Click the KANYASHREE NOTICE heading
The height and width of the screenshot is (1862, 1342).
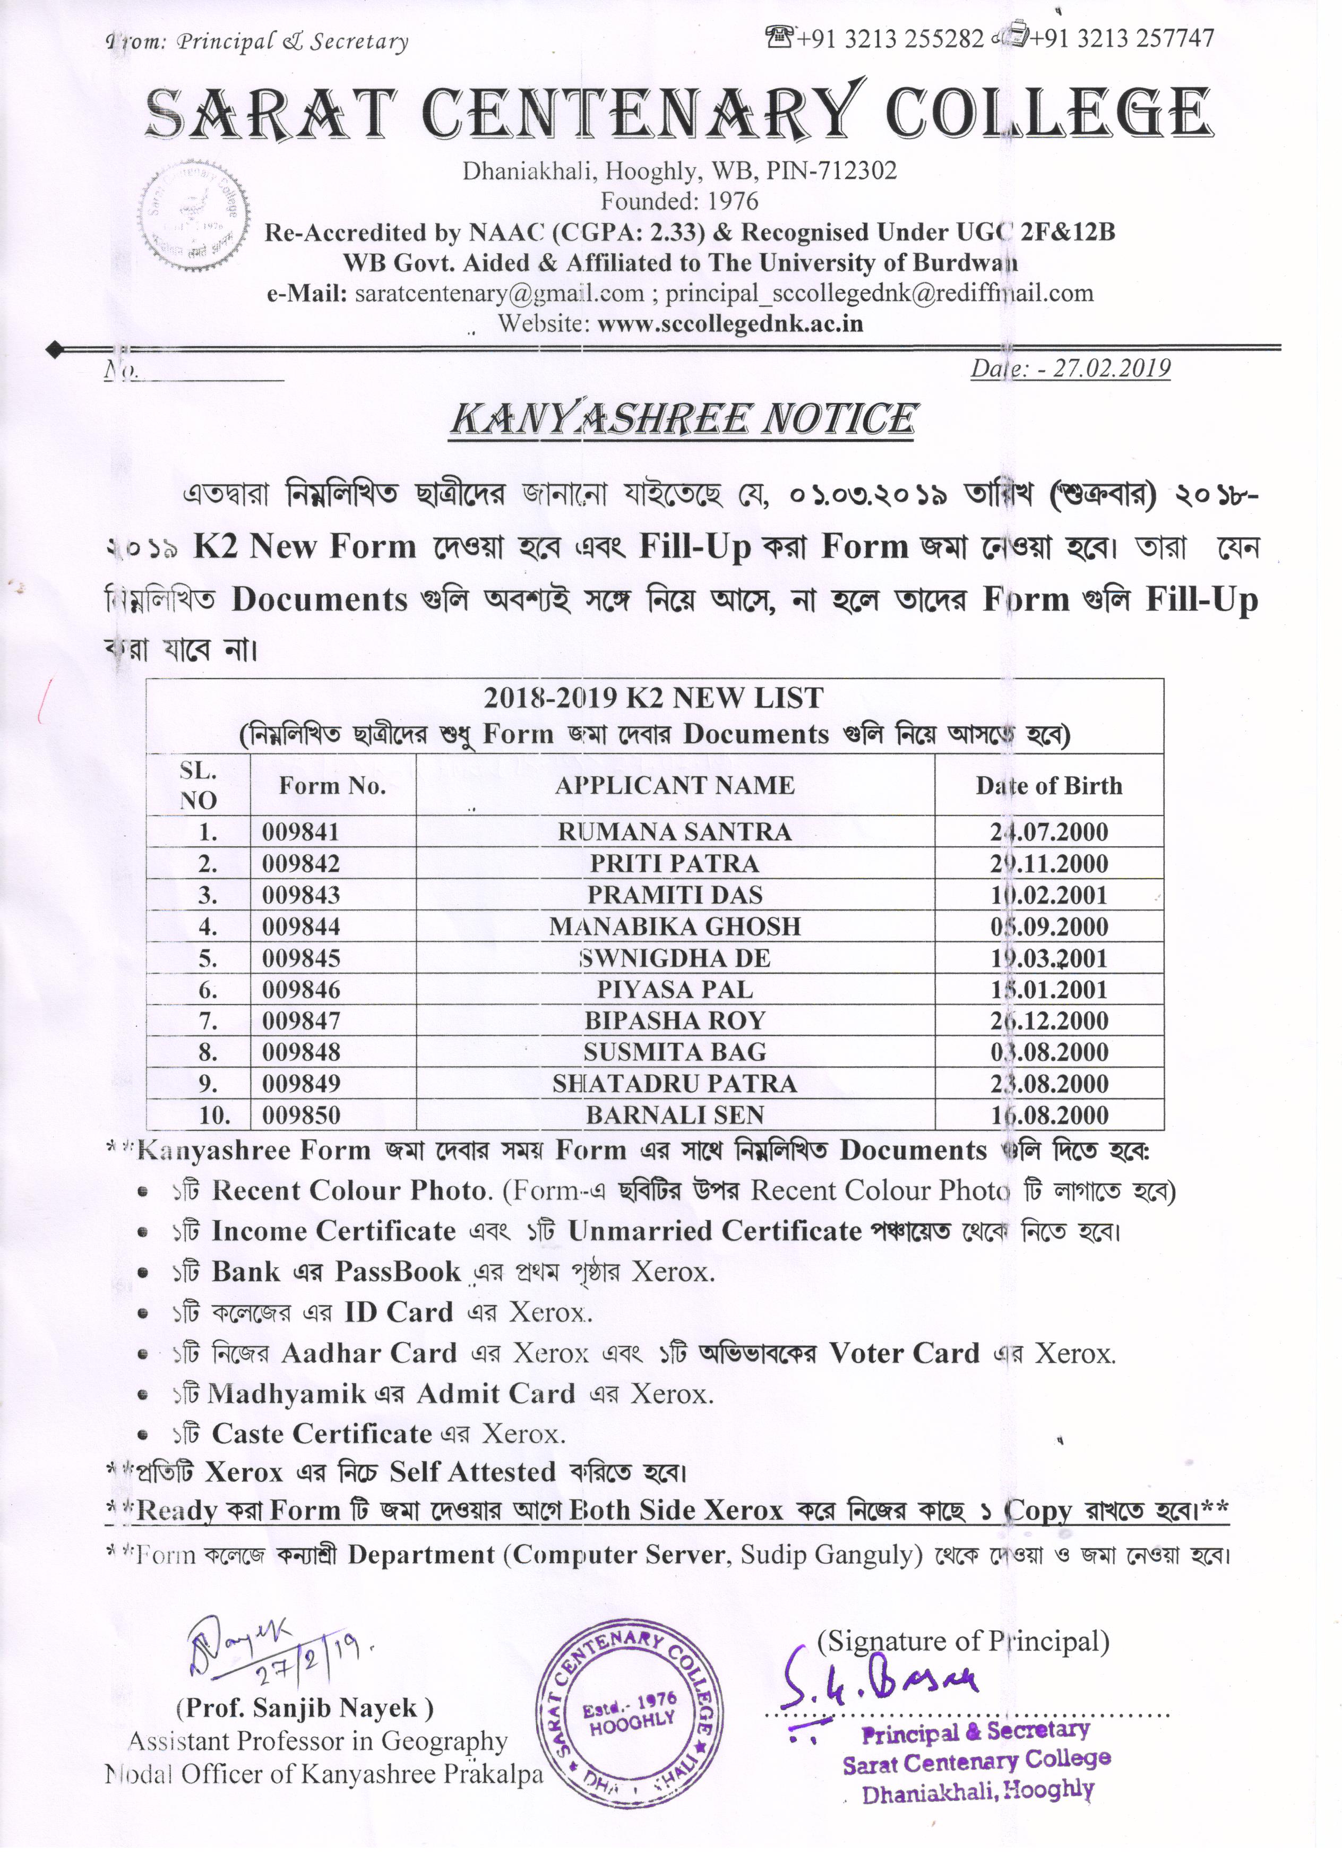coord(682,419)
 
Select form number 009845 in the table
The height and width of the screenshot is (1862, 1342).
coord(300,958)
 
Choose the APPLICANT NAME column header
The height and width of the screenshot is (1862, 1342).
coord(675,786)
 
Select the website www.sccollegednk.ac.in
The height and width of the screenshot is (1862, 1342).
coord(730,323)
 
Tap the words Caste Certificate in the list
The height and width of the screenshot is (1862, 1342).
coord(322,1434)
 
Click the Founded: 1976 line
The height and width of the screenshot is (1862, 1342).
coord(679,201)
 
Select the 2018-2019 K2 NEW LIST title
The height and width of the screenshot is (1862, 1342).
coord(653,698)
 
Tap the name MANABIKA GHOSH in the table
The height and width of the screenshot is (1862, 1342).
coord(675,927)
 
